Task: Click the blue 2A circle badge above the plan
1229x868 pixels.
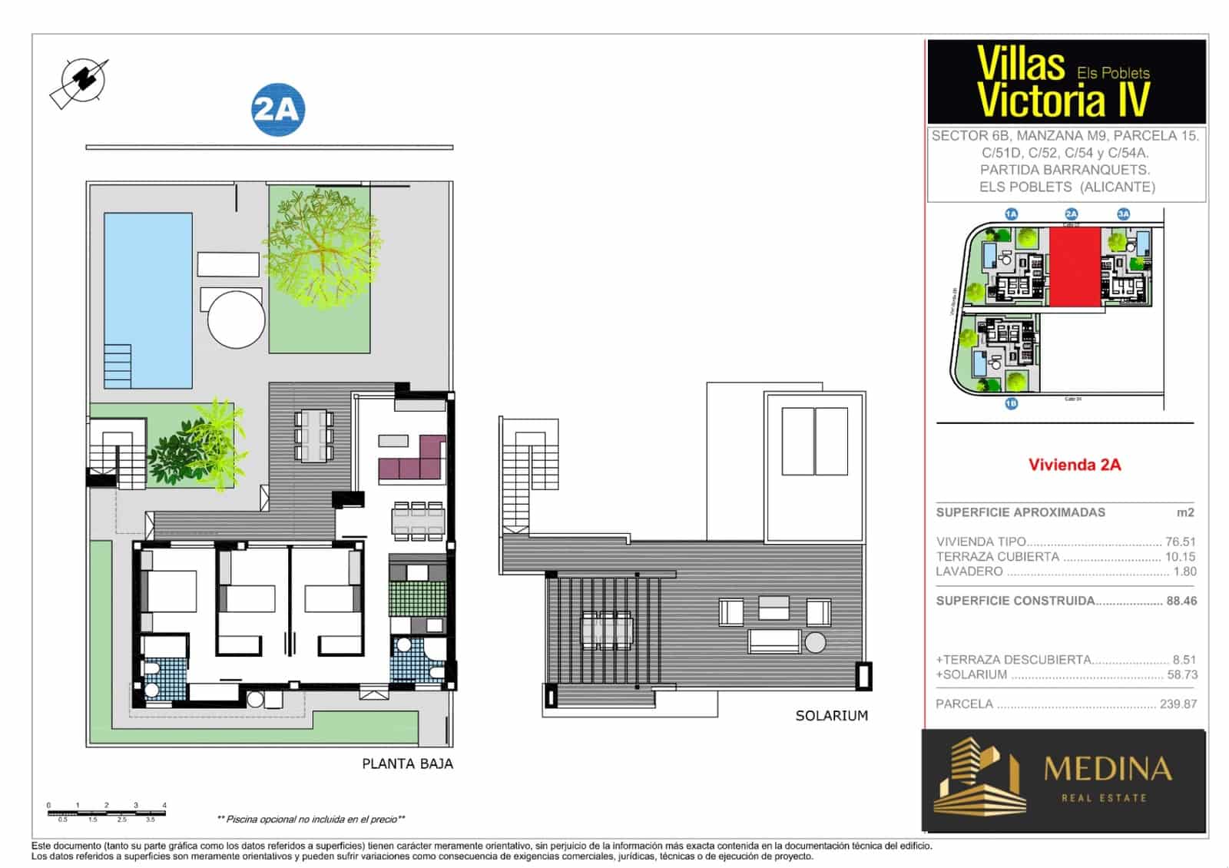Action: [278, 110]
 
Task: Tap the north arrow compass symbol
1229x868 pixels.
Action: [80, 81]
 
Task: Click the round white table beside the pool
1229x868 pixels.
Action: [237, 319]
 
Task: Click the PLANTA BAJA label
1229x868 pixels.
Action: [407, 764]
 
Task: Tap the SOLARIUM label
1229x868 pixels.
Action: [831, 716]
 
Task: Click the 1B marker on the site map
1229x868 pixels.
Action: [1011, 403]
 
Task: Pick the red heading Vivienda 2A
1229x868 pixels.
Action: [1074, 465]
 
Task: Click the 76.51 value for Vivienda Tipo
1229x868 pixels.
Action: [1180, 542]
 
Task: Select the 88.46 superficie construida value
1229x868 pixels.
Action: [1181, 601]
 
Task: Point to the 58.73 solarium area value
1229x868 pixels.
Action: [1181, 674]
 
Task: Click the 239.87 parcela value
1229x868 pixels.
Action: [1178, 704]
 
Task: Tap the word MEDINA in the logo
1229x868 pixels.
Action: [1107, 769]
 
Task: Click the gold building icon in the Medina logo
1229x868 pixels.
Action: [979, 777]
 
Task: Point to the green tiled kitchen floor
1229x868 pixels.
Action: [417, 598]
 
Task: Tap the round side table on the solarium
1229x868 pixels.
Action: [815, 642]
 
